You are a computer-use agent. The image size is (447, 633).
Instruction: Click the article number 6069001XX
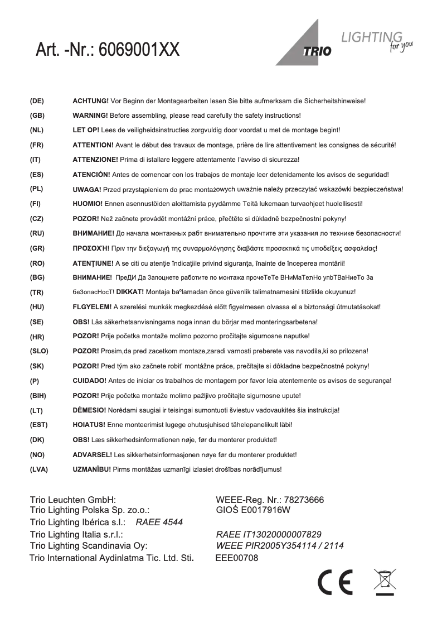coord(139,50)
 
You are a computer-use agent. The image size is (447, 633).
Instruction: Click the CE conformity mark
coord(335,583)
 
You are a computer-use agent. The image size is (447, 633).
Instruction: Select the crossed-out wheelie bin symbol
coord(385,582)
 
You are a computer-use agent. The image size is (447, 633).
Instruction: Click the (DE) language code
coord(37,101)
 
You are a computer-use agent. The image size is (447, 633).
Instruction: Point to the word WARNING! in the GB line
coord(90,116)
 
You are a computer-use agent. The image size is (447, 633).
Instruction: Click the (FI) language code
coord(36,204)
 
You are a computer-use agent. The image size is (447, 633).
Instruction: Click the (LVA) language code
coord(39,469)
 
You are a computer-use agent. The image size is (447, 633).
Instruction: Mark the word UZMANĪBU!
coord(92,469)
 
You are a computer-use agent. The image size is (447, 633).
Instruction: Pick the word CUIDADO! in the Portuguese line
coord(90,381)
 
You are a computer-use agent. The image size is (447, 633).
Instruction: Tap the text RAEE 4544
coord(159,522)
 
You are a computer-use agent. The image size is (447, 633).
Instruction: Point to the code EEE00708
coord(236,558)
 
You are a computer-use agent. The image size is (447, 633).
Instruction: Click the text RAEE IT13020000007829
coord(268,534)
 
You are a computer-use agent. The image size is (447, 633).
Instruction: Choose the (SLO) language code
coord(39,351)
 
